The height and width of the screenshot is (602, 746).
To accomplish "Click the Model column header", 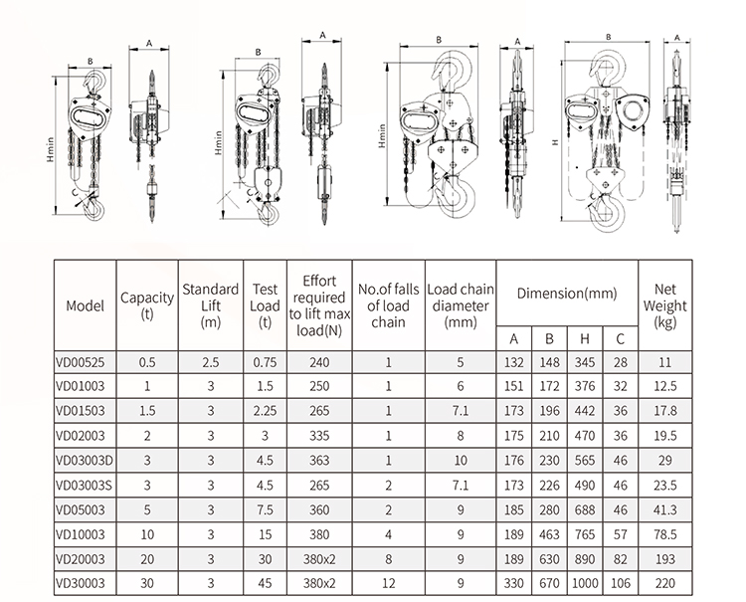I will click(x=85, y=305).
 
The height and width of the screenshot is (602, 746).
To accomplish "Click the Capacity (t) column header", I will click(x=147, y=305).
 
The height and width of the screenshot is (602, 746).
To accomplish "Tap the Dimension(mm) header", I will click(x=566, y=294).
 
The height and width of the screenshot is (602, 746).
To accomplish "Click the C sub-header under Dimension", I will click(x=620, y=338).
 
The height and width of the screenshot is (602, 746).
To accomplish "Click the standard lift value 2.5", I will click(x=210, y=363).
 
